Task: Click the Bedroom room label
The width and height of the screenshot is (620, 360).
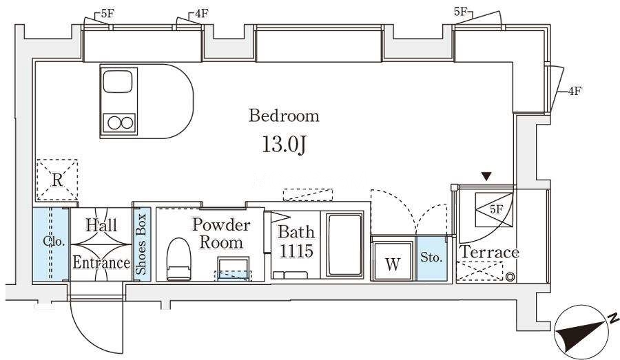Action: (x=284, y=116)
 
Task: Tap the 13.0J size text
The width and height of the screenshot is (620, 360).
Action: (x=284, y=145)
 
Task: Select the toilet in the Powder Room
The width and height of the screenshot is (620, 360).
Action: (x=178, y=259)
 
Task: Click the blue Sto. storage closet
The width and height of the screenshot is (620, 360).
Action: (x=431, y=258)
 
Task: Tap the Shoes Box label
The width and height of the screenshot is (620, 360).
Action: (x=141, y=244)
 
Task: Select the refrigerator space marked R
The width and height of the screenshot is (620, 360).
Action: (x=57, y=180)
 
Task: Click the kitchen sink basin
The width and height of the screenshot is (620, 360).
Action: (x=117, y=81)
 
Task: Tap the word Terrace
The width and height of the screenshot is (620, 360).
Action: (x=490, y=252)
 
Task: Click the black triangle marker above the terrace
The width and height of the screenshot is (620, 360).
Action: (x=487, y=176)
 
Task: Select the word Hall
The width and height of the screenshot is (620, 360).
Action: (x=101, y=226)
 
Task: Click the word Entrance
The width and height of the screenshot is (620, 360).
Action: (x=101, y=263)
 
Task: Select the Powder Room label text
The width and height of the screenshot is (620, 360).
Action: (x=221, y=233)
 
